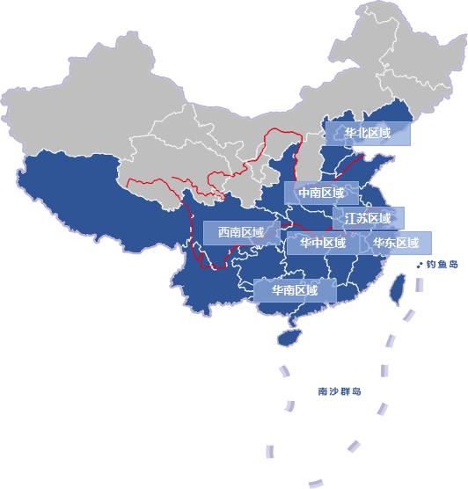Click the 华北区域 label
(369, 134)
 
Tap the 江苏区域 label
(368, 217)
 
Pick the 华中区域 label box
(322, 243)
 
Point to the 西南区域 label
(241, 232)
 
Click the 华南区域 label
(295, 289)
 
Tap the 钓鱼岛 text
(442, 263)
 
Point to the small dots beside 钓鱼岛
(419, 263)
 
